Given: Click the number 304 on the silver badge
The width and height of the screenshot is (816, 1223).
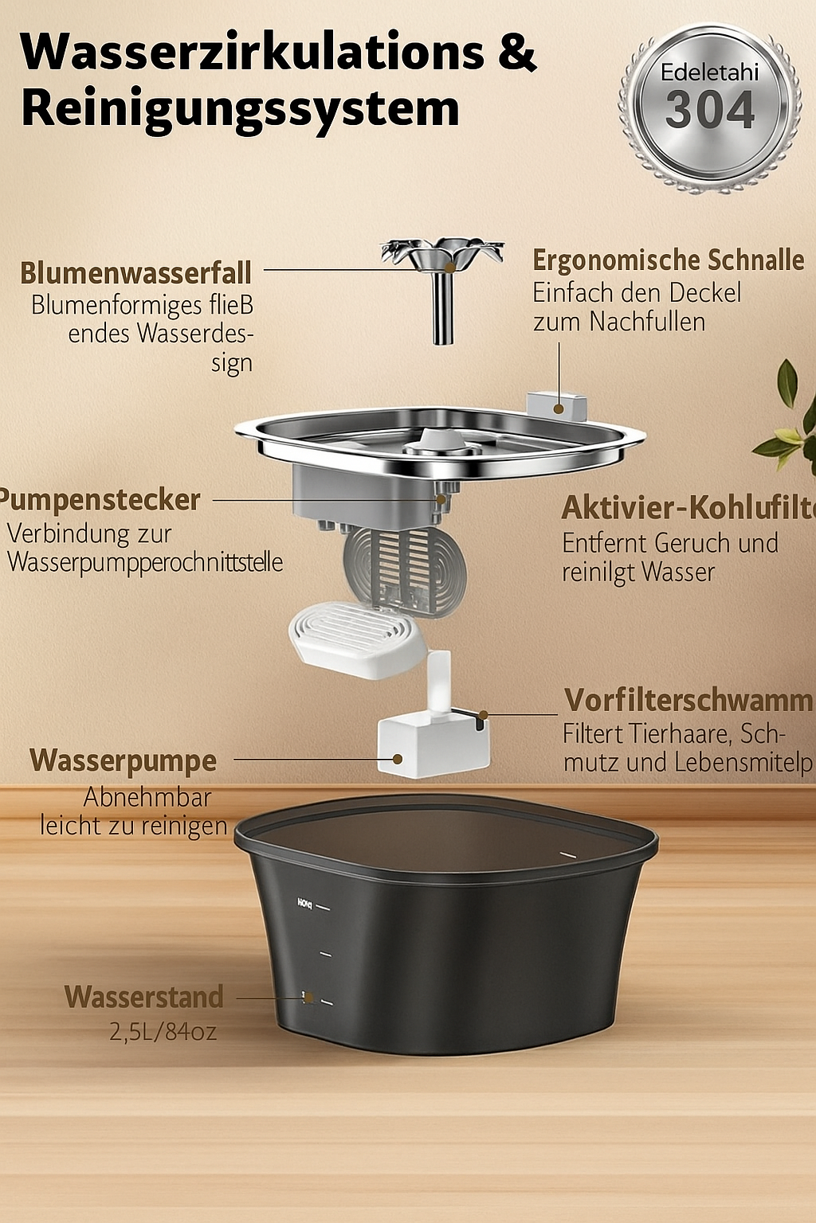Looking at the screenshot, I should [709, 111].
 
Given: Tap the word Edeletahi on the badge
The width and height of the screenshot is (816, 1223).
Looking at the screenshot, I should [709, 72].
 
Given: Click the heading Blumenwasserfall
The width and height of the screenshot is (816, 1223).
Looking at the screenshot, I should [135, 273].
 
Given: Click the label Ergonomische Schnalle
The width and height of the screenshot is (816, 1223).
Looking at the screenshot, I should [668, 260].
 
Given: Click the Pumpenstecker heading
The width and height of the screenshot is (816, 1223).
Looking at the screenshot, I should [100, 500].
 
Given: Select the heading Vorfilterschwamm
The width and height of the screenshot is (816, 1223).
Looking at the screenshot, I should [688, 700].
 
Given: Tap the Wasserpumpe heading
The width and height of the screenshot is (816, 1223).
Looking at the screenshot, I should [124, 760].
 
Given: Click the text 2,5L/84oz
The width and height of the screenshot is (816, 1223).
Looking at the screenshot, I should [163, 1032].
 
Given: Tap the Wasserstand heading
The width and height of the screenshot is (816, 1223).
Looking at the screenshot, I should [144, 997].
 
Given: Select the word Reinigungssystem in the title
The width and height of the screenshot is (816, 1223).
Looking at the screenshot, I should [240, 109].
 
